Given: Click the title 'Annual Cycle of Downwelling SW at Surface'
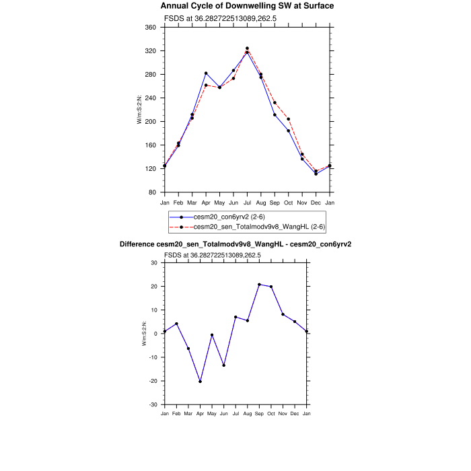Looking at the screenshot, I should [247, 6].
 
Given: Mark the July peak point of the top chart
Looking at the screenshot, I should [247, 48].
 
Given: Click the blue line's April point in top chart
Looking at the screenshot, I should [206, 73].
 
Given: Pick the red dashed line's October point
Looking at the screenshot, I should [289, 119].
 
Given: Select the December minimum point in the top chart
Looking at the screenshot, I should [316, 174].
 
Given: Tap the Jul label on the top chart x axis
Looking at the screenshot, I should [247, 202].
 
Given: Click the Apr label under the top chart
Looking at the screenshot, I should [206, 202].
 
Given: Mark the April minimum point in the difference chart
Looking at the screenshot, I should [200, 382].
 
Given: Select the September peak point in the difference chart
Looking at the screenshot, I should [259, 285].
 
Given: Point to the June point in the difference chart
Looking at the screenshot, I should [223, 365].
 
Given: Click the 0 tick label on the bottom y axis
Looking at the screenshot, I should [155, 334].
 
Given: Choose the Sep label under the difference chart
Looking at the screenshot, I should [259, 412].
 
